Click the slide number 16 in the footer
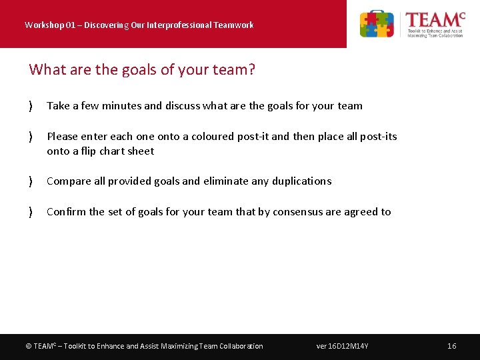coord(451,346)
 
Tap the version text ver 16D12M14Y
coord(342,346)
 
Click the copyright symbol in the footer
coord(28,346)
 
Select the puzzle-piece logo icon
coord(377,24)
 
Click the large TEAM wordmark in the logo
coord(434,19)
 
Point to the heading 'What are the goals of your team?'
coord(142,69)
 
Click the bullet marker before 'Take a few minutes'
coord(31,106)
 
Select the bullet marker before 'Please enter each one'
coord(31,137)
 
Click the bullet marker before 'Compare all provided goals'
coord(31,181)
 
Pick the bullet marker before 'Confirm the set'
coord(31,212)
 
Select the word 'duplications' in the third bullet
coord(300,181)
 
